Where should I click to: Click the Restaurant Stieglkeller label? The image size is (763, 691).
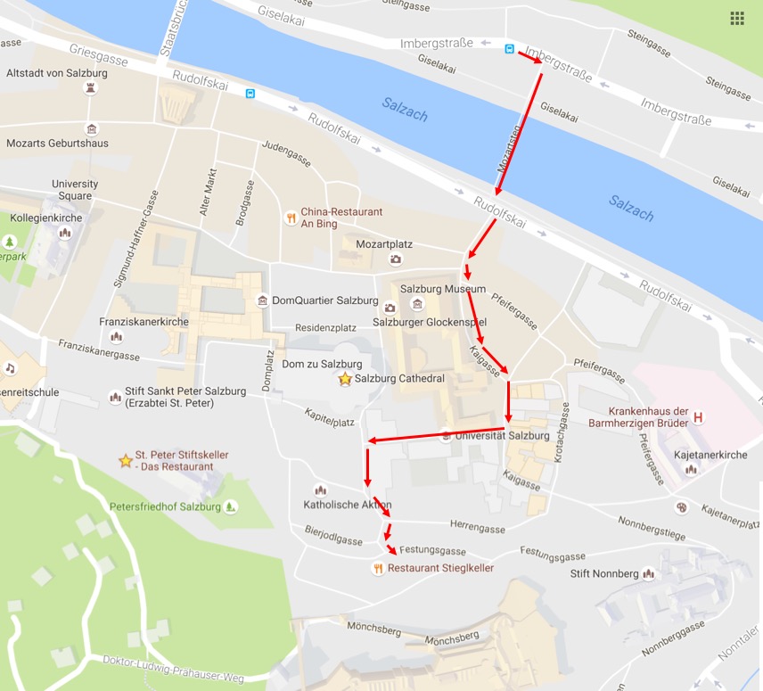(x=440, y=567)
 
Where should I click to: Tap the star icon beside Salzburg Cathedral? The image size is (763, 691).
(x=345, y=379)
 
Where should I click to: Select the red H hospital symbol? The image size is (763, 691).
(x=699, y=416)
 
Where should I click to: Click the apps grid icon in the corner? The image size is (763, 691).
(x=736, y=18)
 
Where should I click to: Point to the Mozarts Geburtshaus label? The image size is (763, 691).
(x=57, y=143)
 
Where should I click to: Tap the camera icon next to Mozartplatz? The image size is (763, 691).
(x=396, y=259)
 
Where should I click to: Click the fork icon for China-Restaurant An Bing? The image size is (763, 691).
(x=290, y=218)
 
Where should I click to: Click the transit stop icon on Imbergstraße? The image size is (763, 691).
(x=509, y=49)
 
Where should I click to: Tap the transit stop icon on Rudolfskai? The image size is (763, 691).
(x=250, y=92)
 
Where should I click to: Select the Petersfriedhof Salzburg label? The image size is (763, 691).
(x=165, y=506)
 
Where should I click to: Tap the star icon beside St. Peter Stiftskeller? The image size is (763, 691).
(x=125, y=461)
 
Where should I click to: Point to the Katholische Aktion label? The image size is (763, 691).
(x=348, y=505)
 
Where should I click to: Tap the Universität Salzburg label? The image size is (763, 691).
(x=502, y=436)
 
